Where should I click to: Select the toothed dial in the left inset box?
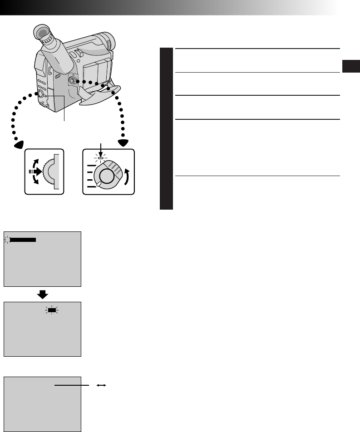49,172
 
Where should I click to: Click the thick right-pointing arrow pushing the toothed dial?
36,172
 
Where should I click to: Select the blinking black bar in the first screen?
23,239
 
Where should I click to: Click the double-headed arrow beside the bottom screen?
101,385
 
